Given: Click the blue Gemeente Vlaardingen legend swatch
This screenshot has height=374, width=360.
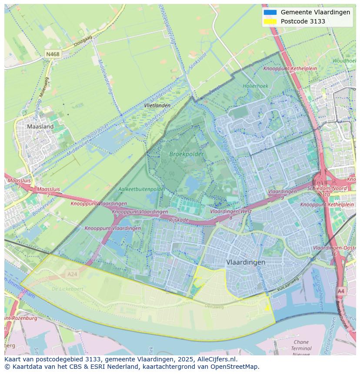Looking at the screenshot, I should (x=270, y=12).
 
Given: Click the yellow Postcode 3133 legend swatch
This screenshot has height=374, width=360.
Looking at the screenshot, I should (x=270, y=21).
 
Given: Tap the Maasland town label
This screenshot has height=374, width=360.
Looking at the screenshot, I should (x=40, y=126).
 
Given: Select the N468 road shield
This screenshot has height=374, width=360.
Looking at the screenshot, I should (x=53, y=54).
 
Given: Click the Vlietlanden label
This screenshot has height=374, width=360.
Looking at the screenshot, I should (x=157, y=106).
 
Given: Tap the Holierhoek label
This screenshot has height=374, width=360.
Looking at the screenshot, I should (x=256, y=86).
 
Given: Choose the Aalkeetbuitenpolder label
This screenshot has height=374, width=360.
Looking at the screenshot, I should (x=142, y=189).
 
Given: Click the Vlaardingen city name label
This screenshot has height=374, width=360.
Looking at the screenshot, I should (x=246, y=262).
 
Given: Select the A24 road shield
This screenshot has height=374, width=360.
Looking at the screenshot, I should (x=72, y=274).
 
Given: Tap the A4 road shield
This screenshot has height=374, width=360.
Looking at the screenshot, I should (x=341, y=291).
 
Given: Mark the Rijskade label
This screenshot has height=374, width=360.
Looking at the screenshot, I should (x=179, y=220).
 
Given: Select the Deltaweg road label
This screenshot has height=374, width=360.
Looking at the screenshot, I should (x=215, y=306).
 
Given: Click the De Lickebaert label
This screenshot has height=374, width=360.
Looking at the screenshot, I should (x=67, y=288).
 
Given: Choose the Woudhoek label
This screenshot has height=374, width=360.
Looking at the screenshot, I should (x=344, y=61).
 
